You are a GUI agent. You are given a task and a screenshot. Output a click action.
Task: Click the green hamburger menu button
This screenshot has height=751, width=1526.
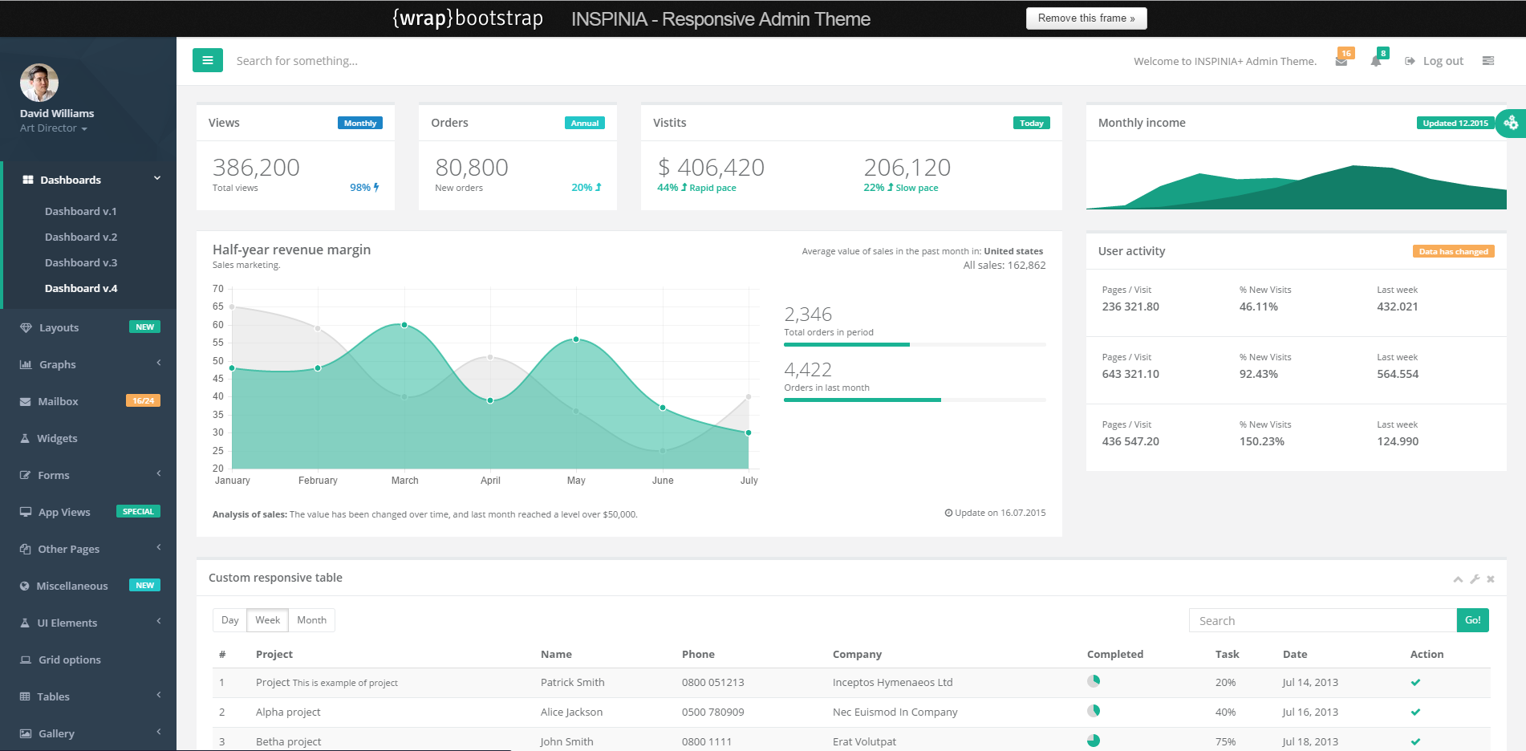[207, 60]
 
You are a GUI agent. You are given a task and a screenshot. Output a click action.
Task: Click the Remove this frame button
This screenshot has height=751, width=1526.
[1086, 18]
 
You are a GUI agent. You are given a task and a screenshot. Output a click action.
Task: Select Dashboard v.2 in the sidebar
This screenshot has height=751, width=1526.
[81, 237]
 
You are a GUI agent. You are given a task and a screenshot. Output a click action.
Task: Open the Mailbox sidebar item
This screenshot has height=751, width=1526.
[58, 401]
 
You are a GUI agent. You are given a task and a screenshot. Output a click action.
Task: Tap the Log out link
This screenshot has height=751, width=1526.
[1443, 61]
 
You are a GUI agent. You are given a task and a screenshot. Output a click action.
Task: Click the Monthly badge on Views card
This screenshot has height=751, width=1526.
[360, 123]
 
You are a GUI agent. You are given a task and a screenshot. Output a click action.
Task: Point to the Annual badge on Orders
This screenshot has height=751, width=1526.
[585, 123]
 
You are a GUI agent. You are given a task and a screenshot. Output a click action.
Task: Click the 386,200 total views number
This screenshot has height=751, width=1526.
[256, 167]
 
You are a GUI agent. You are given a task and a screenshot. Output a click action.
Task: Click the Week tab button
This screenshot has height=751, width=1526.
[267, 620]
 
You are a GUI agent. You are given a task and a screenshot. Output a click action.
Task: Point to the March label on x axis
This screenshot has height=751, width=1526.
[405, 481]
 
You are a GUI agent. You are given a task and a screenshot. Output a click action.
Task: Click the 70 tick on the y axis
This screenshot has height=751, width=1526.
[218, 289]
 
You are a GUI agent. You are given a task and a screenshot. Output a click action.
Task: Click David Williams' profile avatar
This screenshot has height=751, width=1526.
[39, 83]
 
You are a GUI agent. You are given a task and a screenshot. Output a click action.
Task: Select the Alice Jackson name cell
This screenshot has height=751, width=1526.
[571, 712]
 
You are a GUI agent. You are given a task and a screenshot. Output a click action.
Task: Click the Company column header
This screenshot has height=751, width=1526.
[857, 654]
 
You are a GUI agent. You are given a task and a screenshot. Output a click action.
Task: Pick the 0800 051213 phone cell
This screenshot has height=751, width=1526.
[712, 682]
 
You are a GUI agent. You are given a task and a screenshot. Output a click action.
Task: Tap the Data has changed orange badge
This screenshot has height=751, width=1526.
[1453, 251]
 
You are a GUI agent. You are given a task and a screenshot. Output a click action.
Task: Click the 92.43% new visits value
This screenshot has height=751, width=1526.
[1258, 374]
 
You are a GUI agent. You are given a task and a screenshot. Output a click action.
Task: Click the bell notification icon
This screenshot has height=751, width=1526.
[1376, 61]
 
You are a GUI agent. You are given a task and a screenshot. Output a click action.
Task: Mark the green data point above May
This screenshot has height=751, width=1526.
[576, 339]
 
